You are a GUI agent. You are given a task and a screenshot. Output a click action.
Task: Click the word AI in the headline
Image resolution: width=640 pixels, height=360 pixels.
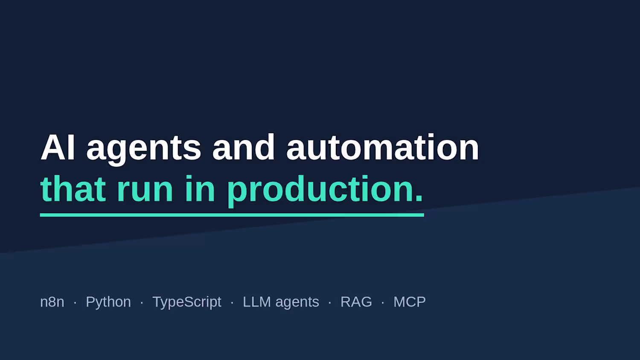click(x=58, y=147)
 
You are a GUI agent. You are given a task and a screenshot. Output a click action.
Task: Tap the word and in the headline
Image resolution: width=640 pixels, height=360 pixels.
click(x=244, y=147)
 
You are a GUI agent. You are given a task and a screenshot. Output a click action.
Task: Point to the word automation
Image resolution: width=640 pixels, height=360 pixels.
click(x=383, y=147)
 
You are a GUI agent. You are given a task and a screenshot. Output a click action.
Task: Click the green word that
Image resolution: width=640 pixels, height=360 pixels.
click(x=73, y=189)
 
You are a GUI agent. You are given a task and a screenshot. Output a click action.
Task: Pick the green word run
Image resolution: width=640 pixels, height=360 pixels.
click(x=145, y=192)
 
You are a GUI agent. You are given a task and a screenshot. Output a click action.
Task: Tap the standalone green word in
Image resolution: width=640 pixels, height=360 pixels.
click(x=200, y=189)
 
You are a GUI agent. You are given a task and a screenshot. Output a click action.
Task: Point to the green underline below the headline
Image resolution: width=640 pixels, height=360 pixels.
click(x=232, y=215)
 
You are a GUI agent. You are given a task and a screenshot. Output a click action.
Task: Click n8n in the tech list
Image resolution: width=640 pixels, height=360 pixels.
click(x=52, y=302)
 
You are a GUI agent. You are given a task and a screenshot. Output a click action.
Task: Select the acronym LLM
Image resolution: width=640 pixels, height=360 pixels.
click(x=257, y=302)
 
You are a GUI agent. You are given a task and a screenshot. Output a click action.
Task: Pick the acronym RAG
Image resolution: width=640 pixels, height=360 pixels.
click(x=356, y=302)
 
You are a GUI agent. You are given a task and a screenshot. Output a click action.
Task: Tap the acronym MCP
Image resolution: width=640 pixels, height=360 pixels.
click(x=410, y=302)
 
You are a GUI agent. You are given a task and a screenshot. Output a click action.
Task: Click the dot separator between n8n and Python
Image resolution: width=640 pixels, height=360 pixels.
click(x=75, y=302)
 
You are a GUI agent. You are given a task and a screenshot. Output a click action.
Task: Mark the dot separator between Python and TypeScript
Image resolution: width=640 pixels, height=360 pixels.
click(x=142, y=302)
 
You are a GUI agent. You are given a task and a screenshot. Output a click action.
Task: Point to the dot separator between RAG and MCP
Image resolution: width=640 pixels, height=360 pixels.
click(x=383, y=302)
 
